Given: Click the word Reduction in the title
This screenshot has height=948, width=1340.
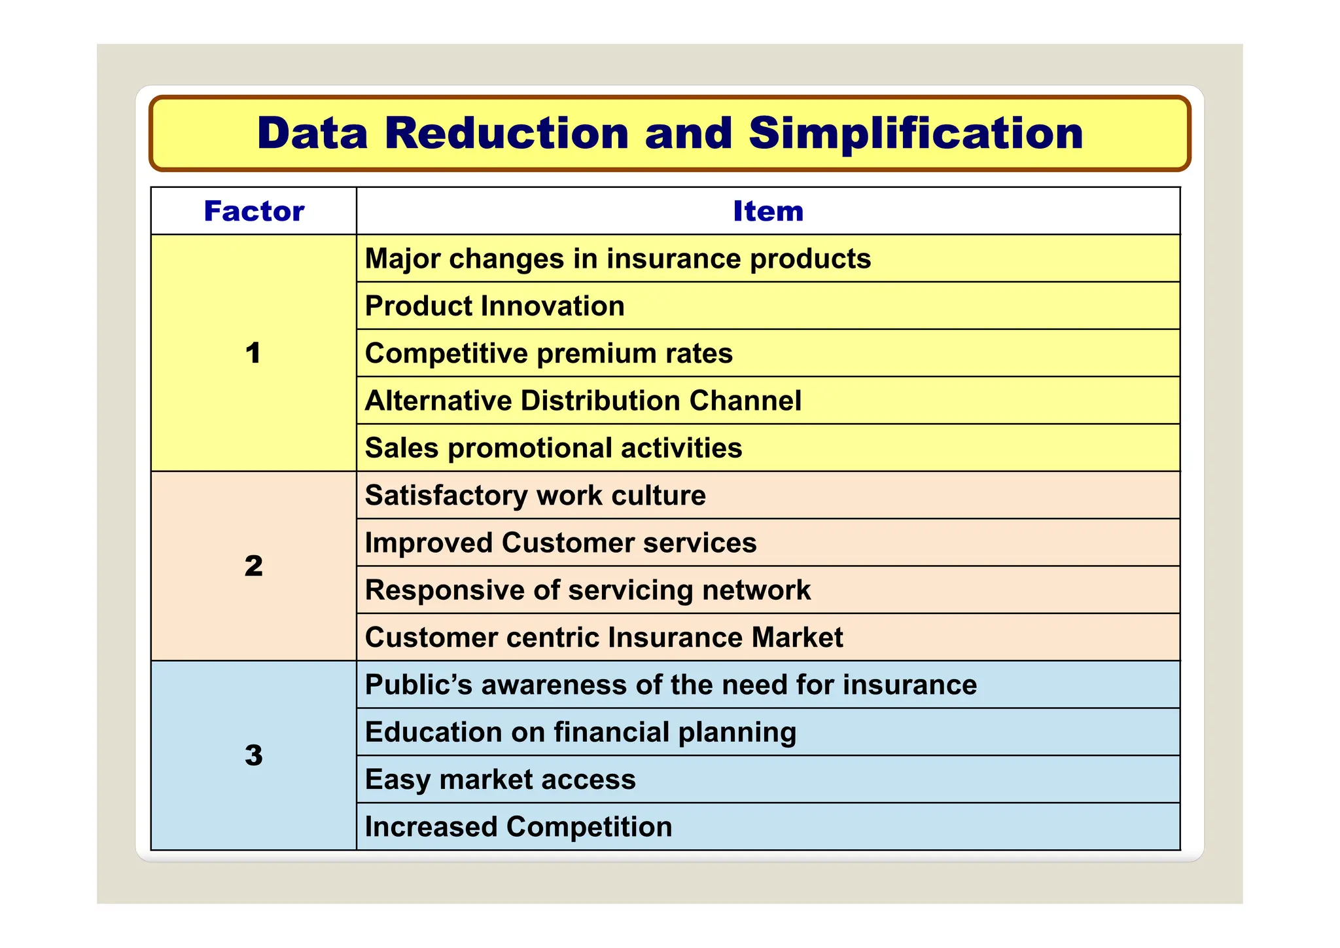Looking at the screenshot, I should click(x=506, y=134).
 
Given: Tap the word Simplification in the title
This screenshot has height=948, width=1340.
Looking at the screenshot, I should click(x=915, y=134).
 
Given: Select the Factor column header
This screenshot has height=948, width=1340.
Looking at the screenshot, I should click(x=254, y=211).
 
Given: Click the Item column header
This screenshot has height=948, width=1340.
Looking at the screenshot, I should click(x=768, y=211).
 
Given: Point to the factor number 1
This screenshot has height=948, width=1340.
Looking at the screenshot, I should click(x=253, y=354).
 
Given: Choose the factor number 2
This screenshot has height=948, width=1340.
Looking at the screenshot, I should click(x=254, y=566).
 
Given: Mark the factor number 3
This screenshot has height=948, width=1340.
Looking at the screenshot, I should click(x=254, y=756).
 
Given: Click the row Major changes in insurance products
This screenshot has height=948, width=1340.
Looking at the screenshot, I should click(x=618, y=259).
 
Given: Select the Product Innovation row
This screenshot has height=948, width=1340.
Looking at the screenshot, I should click(x=495, y=306).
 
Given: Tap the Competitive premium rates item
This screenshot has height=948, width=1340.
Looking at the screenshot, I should click(x=548, y=354).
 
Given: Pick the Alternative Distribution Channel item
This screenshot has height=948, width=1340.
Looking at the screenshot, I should click(x=583, y=401).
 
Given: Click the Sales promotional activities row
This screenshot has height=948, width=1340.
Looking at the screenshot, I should click(x=554, y=448).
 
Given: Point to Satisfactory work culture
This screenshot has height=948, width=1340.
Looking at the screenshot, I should click(x=535, y=496).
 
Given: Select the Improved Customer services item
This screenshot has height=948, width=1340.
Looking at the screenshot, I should click(x=561, y=543).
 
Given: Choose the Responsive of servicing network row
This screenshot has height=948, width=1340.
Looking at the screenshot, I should click(x=588, y=590).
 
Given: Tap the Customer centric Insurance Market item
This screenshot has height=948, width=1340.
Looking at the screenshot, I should click(x=604, y=638).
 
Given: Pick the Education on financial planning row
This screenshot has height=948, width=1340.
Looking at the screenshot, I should click(x=580, y=732).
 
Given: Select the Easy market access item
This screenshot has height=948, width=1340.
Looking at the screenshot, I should click(x=500, y=780).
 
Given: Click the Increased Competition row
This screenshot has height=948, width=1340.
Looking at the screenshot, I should click(x=518, y=827).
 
